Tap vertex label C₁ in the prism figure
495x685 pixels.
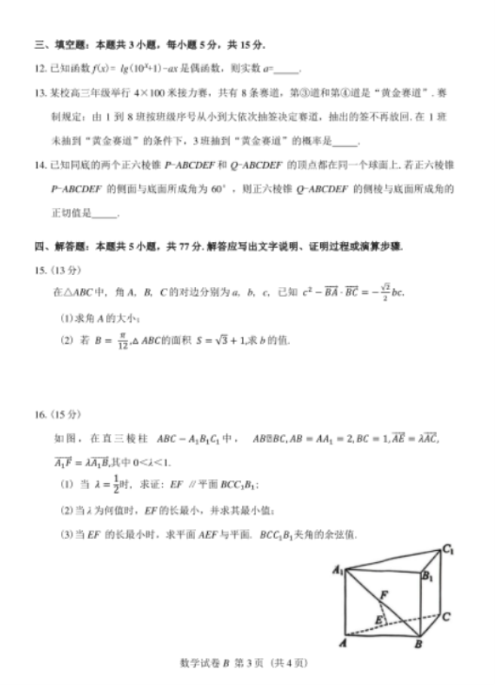pos(448,549)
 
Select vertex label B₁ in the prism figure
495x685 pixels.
pos(428,578)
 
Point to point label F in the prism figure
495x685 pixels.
pos(383,595)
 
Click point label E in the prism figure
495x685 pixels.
pos(379,620)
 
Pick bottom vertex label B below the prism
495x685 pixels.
pos(417,646)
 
